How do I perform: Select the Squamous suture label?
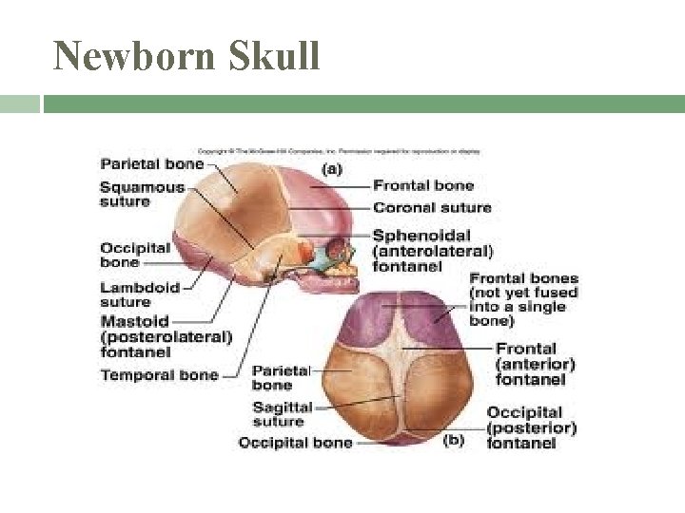(142, 194)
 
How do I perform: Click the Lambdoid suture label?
(140, 294)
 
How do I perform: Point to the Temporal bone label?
(159, 374)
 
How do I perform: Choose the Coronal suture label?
(432, 208)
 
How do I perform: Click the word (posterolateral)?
(166, 336)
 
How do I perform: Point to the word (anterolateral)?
(433, 251)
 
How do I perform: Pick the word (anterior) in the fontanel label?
(536, 364)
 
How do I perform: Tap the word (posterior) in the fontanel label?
(532, 427)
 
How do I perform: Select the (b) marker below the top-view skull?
(455, 442)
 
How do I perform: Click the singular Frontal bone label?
(422, 185)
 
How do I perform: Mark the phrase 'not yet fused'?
(523, 293)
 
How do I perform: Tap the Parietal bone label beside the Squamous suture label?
(151, 163)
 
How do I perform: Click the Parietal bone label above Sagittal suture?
(281, 377)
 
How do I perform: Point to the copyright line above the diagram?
(339, 150)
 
